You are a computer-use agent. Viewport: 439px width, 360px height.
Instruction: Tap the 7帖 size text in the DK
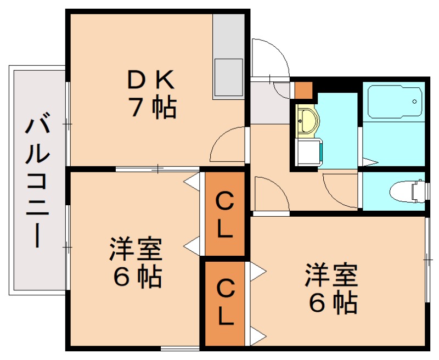point(151,108)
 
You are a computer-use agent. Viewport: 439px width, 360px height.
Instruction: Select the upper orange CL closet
point(223,214)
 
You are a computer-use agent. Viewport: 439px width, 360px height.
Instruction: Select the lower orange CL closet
point(223,303)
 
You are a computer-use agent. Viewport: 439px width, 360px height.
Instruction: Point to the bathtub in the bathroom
point(393,101)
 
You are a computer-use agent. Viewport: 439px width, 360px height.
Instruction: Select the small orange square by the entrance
point(303,89)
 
